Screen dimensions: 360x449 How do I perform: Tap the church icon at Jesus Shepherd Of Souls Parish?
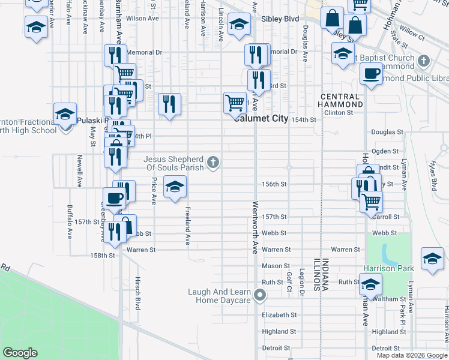212,162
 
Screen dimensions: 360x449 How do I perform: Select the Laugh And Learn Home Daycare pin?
260,295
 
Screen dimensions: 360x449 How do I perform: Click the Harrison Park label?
388,268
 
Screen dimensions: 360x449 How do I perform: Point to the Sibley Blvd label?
280,19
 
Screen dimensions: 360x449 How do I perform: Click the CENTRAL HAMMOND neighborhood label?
342,100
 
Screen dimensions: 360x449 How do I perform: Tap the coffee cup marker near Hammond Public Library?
371,74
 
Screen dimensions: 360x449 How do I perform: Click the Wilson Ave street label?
142,19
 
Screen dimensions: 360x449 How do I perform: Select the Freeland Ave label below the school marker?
188,226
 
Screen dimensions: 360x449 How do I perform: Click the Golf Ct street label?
289,283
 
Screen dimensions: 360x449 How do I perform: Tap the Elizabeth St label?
279,314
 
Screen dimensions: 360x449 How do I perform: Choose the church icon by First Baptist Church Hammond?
424,61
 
